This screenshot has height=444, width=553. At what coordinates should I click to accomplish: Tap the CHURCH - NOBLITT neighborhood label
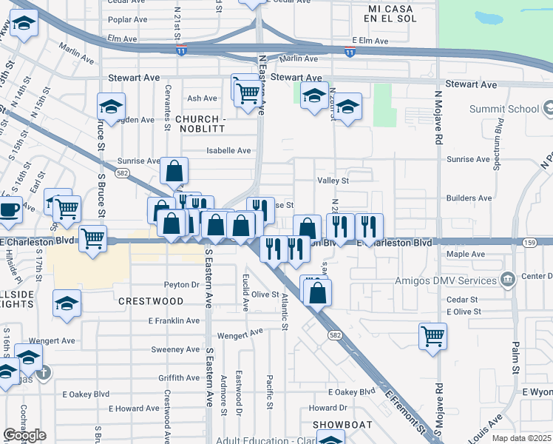click(200, 125)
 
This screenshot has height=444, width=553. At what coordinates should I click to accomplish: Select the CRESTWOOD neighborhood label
click(150, 301)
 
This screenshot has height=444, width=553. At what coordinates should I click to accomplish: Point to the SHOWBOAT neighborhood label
click(336, 424)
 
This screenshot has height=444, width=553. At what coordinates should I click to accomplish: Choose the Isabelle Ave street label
click(228, 150)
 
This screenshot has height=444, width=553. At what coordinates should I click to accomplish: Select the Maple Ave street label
click(466, 254)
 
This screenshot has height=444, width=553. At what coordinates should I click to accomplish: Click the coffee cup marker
click(9, 209)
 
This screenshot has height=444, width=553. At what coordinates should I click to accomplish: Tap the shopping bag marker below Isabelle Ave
click(173, 170)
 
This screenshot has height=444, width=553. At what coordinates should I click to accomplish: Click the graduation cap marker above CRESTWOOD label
click(67, 303)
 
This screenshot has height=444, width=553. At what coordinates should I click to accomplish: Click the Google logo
click(24, 435)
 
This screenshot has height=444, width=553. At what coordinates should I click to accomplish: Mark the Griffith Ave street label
click(179, 377)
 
